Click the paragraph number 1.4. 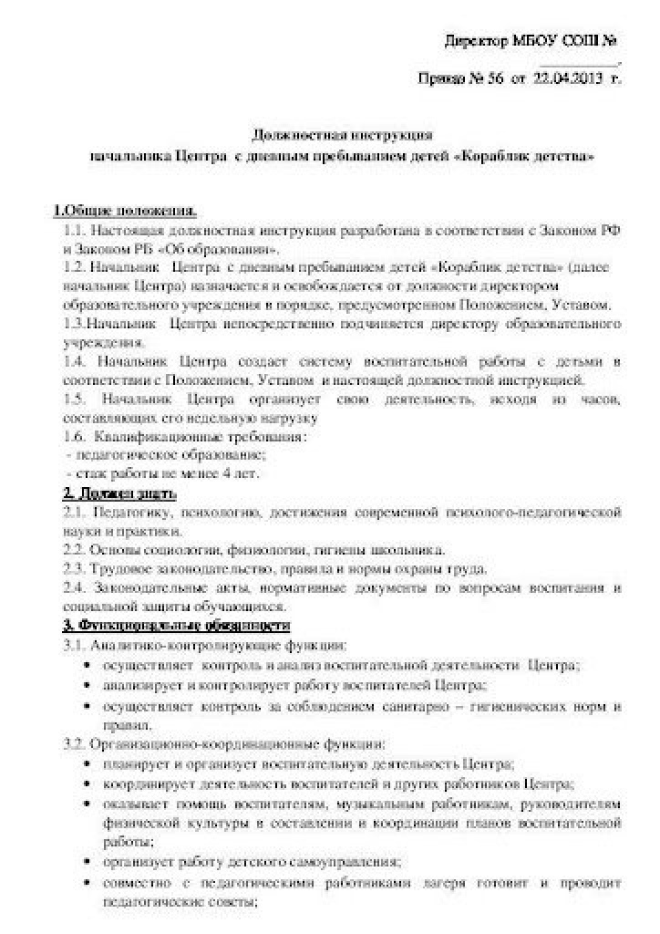75,362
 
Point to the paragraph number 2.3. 75,567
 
